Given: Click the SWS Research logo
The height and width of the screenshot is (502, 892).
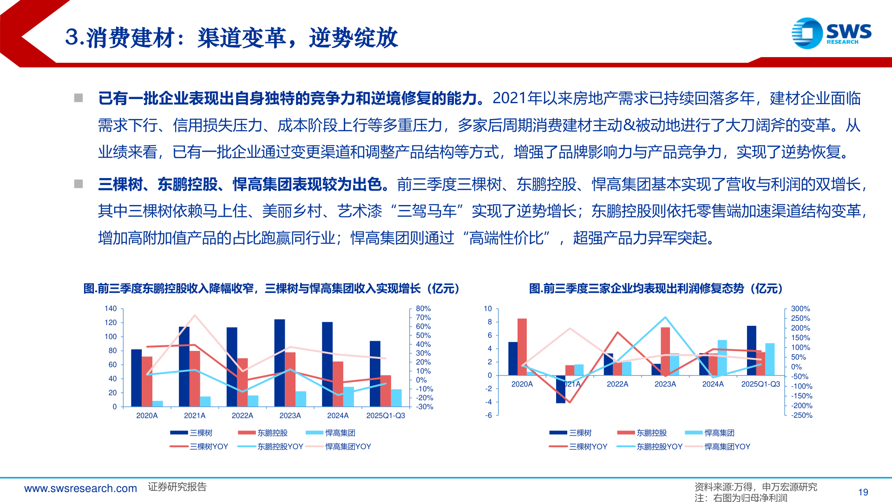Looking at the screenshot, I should (831, 33).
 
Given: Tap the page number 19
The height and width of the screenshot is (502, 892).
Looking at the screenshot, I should (863, 492).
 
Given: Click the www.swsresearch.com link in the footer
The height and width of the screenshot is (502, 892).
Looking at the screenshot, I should (80, 489).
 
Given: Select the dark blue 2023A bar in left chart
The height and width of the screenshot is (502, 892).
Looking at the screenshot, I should (280, 363).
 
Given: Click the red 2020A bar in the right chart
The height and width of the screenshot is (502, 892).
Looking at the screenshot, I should (522, 346).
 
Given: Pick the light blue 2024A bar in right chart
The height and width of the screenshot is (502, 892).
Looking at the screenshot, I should (722, 357).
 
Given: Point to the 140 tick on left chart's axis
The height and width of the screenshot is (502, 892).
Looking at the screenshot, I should (111, 309).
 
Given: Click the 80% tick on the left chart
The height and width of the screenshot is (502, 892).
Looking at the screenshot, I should (423, 309).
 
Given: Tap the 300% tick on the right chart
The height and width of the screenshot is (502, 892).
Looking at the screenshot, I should (800, 309).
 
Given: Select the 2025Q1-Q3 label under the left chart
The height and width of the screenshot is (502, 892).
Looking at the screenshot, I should (386, 416).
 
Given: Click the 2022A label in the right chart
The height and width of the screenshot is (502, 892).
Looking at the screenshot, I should (617, 384).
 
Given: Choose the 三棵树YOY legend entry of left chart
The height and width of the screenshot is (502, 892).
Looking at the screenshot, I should (209, 447).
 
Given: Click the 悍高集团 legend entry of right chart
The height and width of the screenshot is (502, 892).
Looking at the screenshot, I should (719, 433).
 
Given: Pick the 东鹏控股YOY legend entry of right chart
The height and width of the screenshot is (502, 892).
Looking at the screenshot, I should (659, 447).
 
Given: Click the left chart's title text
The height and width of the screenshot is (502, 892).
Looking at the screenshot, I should (272, 289).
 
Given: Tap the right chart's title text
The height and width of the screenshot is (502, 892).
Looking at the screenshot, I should (656, 289).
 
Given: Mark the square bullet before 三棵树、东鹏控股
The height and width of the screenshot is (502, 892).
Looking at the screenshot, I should (79, 184).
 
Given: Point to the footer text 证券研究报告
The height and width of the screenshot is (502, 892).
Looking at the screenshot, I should (177, 487).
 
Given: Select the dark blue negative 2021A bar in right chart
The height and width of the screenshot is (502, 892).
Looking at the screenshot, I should (561, 389).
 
